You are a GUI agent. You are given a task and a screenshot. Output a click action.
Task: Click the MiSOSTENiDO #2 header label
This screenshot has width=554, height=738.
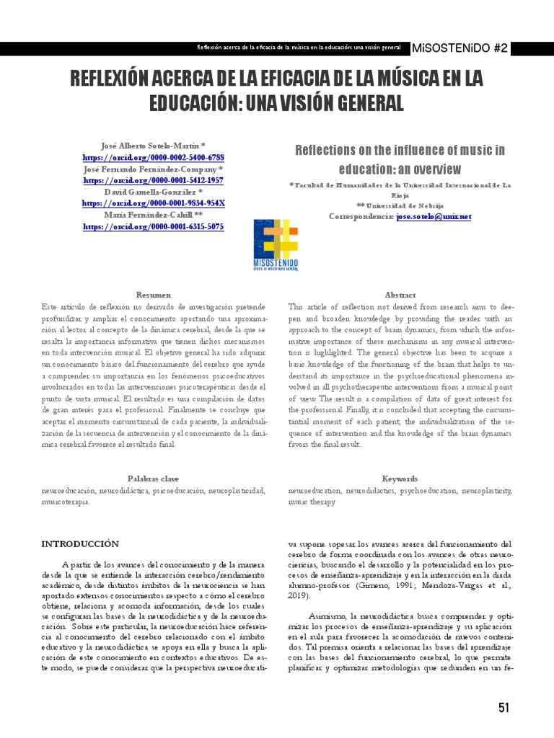click(x=470, y=48)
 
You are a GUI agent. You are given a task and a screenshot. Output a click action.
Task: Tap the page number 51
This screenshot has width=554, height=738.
click(x=504, y=708)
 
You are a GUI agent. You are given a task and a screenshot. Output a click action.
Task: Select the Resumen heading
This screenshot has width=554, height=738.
click(x=154, y=295)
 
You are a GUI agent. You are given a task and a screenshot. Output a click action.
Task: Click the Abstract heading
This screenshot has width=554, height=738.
click(x=400, y=295)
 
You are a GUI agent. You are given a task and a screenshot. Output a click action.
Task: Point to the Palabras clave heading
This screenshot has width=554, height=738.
click(x=154, y=479)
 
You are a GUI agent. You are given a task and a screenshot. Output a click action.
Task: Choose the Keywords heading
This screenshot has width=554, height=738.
click(x=400, y=479)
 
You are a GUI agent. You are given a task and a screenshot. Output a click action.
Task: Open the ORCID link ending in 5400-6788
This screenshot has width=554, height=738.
click(x=153, y=157)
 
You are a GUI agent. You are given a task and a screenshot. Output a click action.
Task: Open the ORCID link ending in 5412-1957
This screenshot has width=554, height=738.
click(x=153, y=180)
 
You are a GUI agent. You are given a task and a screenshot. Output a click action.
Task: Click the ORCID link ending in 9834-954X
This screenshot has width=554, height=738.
click(x=153, y=203)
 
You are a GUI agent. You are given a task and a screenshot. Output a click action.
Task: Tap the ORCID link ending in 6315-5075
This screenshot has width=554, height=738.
click(x=153, y=226)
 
